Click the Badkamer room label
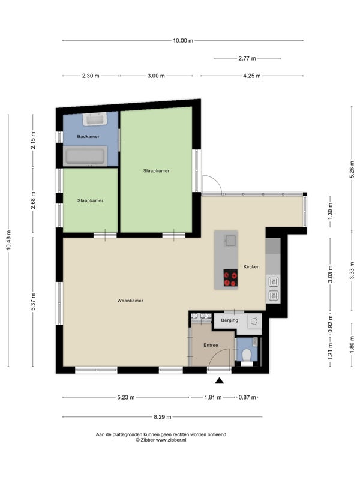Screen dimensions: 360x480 (x=88, y=137)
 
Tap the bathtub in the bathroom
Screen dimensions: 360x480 (x=85, y=156)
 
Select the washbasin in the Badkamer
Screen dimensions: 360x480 (x=95, y=119)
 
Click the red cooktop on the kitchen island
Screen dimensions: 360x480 (x=230, y=278)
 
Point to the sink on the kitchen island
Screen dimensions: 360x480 (x=230, y=241)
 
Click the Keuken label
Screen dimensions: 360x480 (x=251, y=266)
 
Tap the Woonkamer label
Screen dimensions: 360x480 (x=130, y=301)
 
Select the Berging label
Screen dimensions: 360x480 (x=230, y=320)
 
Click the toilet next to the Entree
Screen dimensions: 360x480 (x=247, y=356)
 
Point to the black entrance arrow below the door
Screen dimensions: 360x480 (x=219, y=380)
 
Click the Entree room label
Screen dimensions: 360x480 (x=211, y=345)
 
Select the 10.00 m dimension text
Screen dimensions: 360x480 (x=183, y=40)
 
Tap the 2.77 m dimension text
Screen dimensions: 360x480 (x=247, y=58)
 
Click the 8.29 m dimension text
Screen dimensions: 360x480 (x=162, y=416)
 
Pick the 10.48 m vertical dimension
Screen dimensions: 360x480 (x=8, y=241)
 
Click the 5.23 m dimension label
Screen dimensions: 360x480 (x=126, y=397)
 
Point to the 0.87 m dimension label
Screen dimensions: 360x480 (x=247, y=397)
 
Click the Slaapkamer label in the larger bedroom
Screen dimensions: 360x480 (x=156, y=171)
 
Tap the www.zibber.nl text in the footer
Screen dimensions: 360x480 (x=171, y=440)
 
